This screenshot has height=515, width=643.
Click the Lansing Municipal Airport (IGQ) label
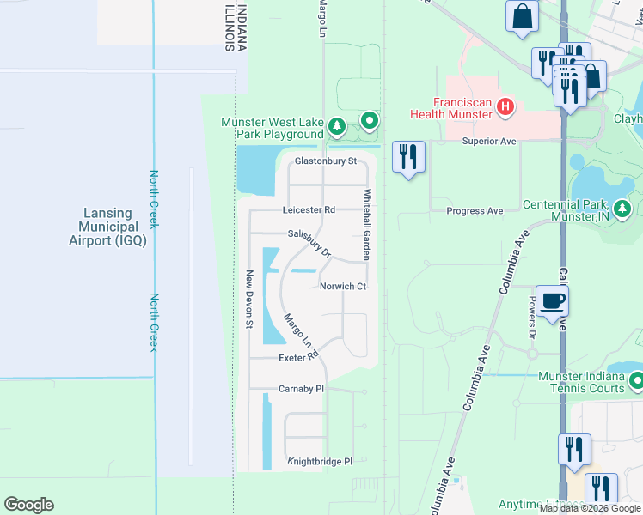coord(107,227)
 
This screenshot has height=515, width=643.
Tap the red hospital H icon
coord(505,107)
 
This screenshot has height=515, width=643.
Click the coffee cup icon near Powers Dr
coord(552,300)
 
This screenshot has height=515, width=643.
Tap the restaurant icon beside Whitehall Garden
coord(407,156)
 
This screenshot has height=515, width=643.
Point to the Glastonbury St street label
coord(325,161)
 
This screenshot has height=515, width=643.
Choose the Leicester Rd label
coord(309,209)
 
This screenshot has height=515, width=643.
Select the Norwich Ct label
coord(343,287)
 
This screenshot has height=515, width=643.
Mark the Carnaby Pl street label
coord(301,389)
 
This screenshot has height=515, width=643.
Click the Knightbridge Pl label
coord(320,461)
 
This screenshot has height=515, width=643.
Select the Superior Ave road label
coord(488,141)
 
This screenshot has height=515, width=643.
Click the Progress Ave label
coord(475,210)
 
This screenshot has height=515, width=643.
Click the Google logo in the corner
coord(28,505)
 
